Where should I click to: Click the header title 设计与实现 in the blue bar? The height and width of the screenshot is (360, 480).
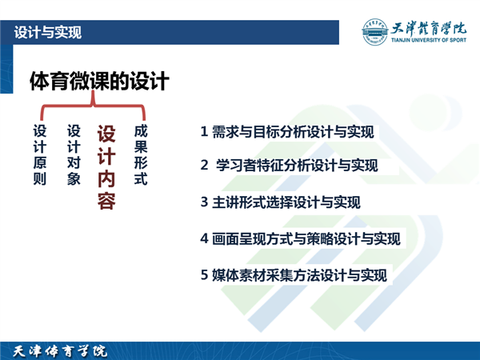[x=48, y=33]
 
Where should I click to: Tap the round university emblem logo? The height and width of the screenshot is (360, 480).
[x=374, y=32]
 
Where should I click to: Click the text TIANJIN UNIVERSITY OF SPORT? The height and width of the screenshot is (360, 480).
[x=429, y=40]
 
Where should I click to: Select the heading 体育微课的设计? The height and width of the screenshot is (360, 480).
[x=99, y=81]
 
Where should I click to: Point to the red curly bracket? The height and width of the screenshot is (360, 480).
[x=93, y=106]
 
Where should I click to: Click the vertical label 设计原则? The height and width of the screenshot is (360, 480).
[x=40, y=154]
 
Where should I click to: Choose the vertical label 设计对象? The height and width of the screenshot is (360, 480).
[x=74, y=154]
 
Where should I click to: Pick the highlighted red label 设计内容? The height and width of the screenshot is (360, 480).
[x=106, y=167]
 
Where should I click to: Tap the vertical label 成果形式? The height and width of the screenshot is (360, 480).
[x=141, y=154]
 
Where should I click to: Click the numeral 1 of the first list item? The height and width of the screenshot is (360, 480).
[x=204, y=132]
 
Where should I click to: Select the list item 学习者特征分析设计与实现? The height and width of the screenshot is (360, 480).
[x=297, y=166]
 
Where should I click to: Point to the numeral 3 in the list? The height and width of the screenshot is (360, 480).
[x=204, y=202]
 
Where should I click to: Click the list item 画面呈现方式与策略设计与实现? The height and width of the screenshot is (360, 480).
[x=306, y=238]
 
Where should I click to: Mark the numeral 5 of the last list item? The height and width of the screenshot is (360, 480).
[x=204, y=275]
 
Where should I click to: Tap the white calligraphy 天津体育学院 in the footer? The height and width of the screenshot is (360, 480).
[x=60, y=351]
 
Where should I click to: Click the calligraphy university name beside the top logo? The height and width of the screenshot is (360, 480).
[x=429, y=29]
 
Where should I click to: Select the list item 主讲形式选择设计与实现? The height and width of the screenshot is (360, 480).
[x=286, y=202]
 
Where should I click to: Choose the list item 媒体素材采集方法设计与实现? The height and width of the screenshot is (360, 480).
[x=299, y=275]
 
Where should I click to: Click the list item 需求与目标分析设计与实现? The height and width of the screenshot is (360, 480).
[x=293, y=132]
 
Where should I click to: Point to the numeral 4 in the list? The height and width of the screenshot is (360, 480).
[x=204, y=238]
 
